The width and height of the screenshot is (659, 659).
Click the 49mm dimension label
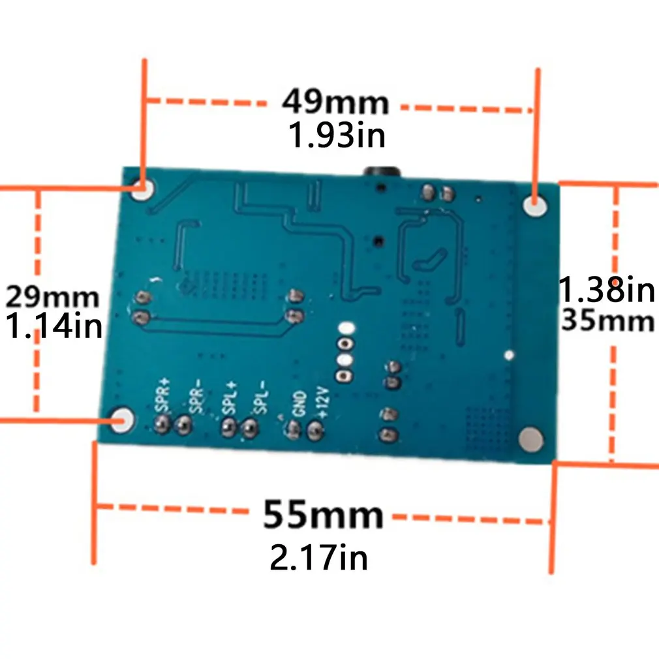pyautogui.click(x=335, y=102)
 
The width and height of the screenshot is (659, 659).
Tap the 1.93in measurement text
pyautogui.click(x=337, y=135)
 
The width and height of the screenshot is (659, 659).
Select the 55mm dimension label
pyautogui.click(x=323, y=514)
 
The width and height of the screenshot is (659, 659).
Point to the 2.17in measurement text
pyautogui.click(x=318, y=557)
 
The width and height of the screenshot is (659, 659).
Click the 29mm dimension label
pyautogui.click(x=53, y=297)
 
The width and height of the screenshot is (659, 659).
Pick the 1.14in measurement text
pyautogui.click(x=54, y=326)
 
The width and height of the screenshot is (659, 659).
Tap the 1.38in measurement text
pyautogui.click(x=606, y=289)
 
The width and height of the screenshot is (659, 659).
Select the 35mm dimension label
pyautogui.click(x=607, y=320)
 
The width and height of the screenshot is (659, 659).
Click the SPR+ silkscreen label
pyautogui.click(x=162, y=395)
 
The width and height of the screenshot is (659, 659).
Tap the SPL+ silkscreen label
pyautogui.click(x=230, y=397)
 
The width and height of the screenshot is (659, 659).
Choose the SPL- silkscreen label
pyautogui.click(x=260, y=397)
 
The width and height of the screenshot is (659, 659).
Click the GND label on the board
pyautogui.click(x=299, y=404)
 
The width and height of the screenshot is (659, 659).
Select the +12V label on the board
pyautogui.click(x=323, y=402)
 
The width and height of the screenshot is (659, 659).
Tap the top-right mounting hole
pyautogui.click(x=535, y=206)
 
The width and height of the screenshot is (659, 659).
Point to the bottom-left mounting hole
pyautogui.click(x=122, y=420)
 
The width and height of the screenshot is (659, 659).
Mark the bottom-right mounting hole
pyautogui.click(x=531, y=440)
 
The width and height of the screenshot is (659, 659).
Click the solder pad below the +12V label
pyautogui.click(x=315, y=431)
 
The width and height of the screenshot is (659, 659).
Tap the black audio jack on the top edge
pyautogui.click(x=382, y=172)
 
